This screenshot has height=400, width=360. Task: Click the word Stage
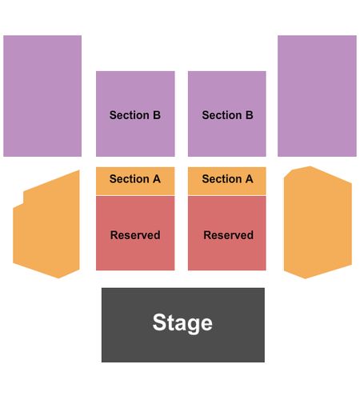(182, 323)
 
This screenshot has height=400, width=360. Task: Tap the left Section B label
(135, 115)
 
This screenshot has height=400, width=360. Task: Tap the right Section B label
(227, 115)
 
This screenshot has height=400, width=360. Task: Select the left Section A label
(135, 178)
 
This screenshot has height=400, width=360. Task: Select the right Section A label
(227, 178)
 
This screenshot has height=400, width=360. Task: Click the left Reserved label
(135, 235)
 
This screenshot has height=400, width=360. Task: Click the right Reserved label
(228, 235)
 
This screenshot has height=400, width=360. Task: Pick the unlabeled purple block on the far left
(42, 96)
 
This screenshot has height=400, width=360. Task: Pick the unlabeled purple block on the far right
(317, 96)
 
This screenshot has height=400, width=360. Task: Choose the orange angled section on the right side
(318, 222)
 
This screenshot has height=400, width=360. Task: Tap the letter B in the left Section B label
(157, 115)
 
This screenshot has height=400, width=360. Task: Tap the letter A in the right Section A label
(249, 178)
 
